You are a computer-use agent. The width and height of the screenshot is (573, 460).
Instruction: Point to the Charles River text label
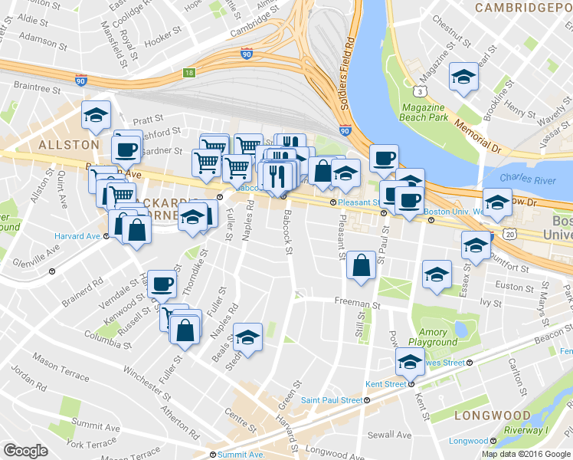point(526,178)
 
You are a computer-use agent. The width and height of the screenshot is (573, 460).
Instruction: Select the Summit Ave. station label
point(241,455)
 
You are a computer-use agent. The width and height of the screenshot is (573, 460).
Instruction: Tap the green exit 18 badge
point(188,74)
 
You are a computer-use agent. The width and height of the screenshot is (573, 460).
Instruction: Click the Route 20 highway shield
point(509,234)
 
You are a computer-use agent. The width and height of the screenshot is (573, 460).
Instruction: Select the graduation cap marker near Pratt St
point(96,116)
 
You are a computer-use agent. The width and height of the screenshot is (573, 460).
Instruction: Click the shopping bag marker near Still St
point(360,265)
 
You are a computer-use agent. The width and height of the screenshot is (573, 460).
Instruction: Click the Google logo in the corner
point(25,451)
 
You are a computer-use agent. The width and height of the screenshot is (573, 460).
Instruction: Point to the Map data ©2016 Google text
point(526,454)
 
